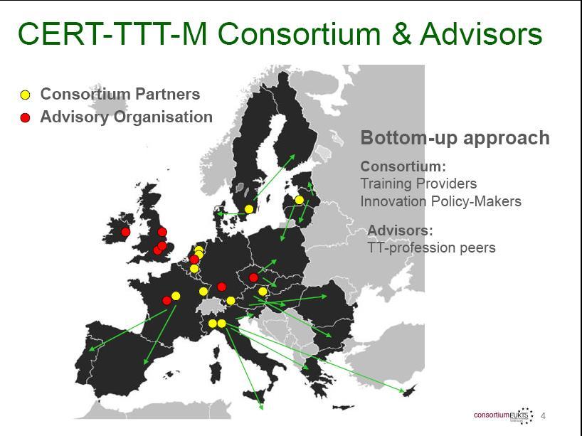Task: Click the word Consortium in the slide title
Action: (x=300, y=33)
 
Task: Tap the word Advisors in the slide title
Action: (x=481, y=33)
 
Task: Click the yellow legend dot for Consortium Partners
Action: (x=25, y=95)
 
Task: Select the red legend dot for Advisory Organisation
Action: (x=25, y=117)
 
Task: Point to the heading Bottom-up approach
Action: (x=455, y=138)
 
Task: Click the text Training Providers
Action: (x=418, y=184)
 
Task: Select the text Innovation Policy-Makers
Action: (x=441, y=201)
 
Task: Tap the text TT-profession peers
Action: (x=431, y=248)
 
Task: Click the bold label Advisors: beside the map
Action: (x=400, y=230)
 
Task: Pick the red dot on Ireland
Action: (x=126, y=232)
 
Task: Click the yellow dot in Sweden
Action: (x=249, y=209)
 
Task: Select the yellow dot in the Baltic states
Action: (x=299, y=200)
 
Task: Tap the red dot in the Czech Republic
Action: (x=253, y=277)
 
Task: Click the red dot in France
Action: (x=167, y=301)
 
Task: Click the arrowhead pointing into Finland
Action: (x=292, y=157)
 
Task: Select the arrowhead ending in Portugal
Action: (x=91, y=349)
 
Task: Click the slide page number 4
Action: (x=543, y=415)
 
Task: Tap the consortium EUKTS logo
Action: (x=504, y=415)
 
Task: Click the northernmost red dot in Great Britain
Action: (x=162, y=232)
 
